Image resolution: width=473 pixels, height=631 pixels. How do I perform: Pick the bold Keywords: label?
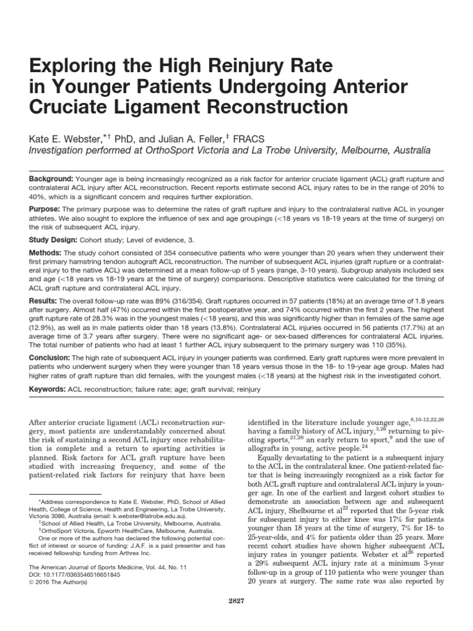(49, 391)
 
